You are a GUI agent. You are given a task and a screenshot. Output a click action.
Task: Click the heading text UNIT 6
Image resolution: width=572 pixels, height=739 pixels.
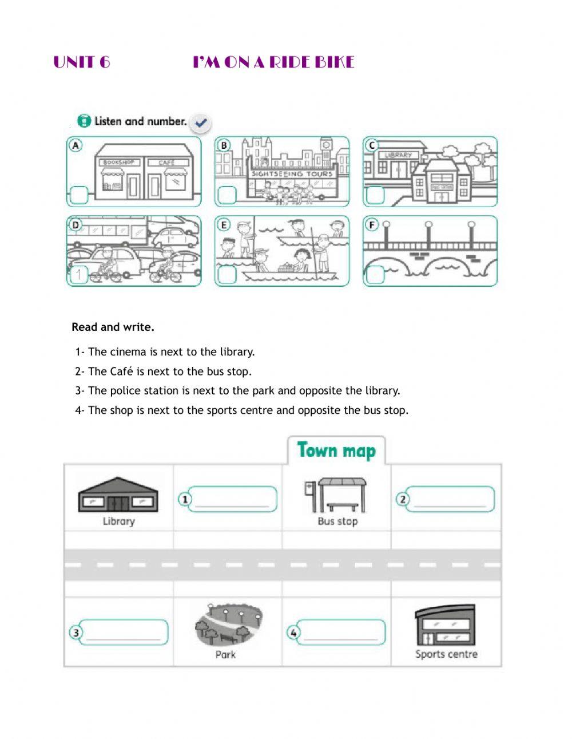pyautogui.click(x=82, y=62)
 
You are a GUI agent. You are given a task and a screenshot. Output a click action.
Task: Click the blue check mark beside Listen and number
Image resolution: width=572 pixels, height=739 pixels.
pyautogui.click(x=201, y=122)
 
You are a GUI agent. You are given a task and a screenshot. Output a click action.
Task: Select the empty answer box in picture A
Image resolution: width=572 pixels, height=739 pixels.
pyautogui.click(x=79, y=195)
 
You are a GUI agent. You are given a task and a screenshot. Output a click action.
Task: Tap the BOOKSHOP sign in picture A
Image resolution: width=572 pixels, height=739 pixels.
pyautogui.click(x=118, y=163)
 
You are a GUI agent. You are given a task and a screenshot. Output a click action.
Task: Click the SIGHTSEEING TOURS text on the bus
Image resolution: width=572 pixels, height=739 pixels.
pyautogui.click(x=292, y=173)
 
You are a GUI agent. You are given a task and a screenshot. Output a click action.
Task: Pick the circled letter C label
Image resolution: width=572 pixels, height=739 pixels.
pyautogui.click(x=372, y=145)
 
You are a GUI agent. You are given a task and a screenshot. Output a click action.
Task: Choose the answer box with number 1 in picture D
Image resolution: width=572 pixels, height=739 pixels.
pyautogui.click(x=79, y=275)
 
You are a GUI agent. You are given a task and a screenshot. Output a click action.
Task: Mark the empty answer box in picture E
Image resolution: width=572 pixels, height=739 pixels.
pyautogui.click(x=227, y=275)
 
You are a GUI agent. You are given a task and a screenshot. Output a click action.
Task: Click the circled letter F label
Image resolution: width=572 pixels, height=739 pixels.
pyautogui.click(x=372, y=225)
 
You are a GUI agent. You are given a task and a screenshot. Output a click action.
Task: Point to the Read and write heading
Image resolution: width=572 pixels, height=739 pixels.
pyautogui.click(x=113, y=327)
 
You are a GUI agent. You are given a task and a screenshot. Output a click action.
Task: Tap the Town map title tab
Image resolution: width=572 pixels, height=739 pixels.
pyautogui.click(x=336, y=450)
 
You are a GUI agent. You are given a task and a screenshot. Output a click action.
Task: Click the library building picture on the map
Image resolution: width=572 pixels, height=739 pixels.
pyautogui.click(x=118, y=496)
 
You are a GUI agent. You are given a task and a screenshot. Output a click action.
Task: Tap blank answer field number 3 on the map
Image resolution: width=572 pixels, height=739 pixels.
pyautogui.click(x=123, y=633)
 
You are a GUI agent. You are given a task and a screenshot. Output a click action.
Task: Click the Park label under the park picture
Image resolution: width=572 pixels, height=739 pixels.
pyautogui.click(x=225, y=654)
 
